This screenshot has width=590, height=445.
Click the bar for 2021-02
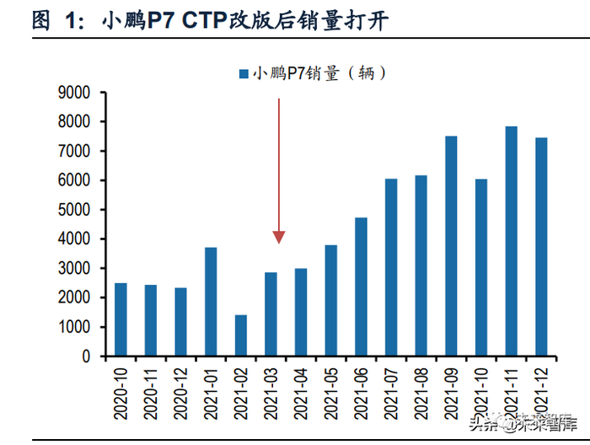coord(241,335)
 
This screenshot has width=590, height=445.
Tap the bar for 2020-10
coord(121,319)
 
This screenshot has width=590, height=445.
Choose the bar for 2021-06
coord(361,287)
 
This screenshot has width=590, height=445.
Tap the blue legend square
coord(242,75)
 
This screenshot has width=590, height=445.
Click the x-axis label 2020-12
coord(181,389)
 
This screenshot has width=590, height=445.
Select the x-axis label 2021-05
coord(331,389)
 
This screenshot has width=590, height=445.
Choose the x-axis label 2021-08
coord(421,389)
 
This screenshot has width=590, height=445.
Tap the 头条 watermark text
coord(487,424)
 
